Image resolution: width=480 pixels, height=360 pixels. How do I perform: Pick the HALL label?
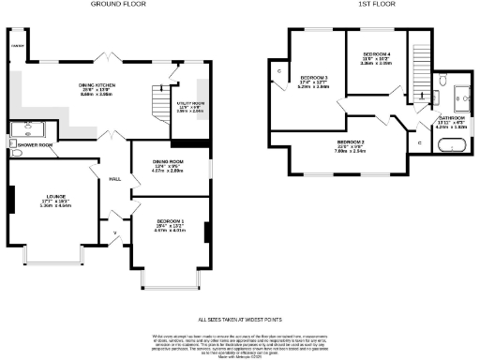[x=115, y=178]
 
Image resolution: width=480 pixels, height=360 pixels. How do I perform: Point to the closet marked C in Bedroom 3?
[x=279, y=71]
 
